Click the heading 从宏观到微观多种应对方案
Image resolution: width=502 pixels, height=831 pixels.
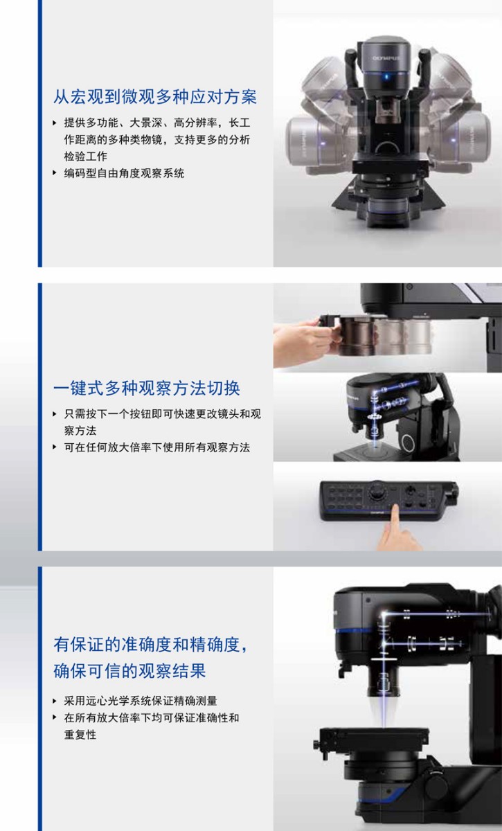pyautogui.click(x=154, y=97)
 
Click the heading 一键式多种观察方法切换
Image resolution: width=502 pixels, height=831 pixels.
pyautogui.click(x=147, y=388)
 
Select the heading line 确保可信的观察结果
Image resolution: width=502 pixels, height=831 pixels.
pyautogui.click(x=129, y=671)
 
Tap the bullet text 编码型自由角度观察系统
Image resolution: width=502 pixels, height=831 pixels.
pyautogui.click(x=124, y=173)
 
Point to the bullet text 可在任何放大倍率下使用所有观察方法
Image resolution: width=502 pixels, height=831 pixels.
pyautogui.click(x=157, y=447)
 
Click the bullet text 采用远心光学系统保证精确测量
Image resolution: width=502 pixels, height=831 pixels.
pyautogui.click(x=141, y=701)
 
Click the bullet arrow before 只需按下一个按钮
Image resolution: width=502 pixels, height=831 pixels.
pyautogui.click(x=55, y=414)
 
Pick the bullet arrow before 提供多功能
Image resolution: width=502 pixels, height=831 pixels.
pyautogui.click(x=55, y=123)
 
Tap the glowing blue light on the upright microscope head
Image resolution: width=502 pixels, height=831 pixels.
pyautogui.click(x=387, y=77)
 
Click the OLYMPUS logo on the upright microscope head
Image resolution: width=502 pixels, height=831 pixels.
pyautogui.click(x=386, y=58)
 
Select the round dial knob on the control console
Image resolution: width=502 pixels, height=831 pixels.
pyautogui.click(x=377, y=492)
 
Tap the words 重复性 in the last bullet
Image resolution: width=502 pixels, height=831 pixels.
pyautogui.click(x=80, y=735)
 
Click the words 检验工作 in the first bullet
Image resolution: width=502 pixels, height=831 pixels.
pyautogui.click(x=86, y=157)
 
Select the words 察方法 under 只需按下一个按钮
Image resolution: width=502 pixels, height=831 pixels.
pyautogui.click(x=80, y=431)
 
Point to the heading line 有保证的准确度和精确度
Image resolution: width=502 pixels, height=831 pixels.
pyautogui.click(x=150, y=645)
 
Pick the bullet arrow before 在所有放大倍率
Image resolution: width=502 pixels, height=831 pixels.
pyautogui.click(x=55, y=718)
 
